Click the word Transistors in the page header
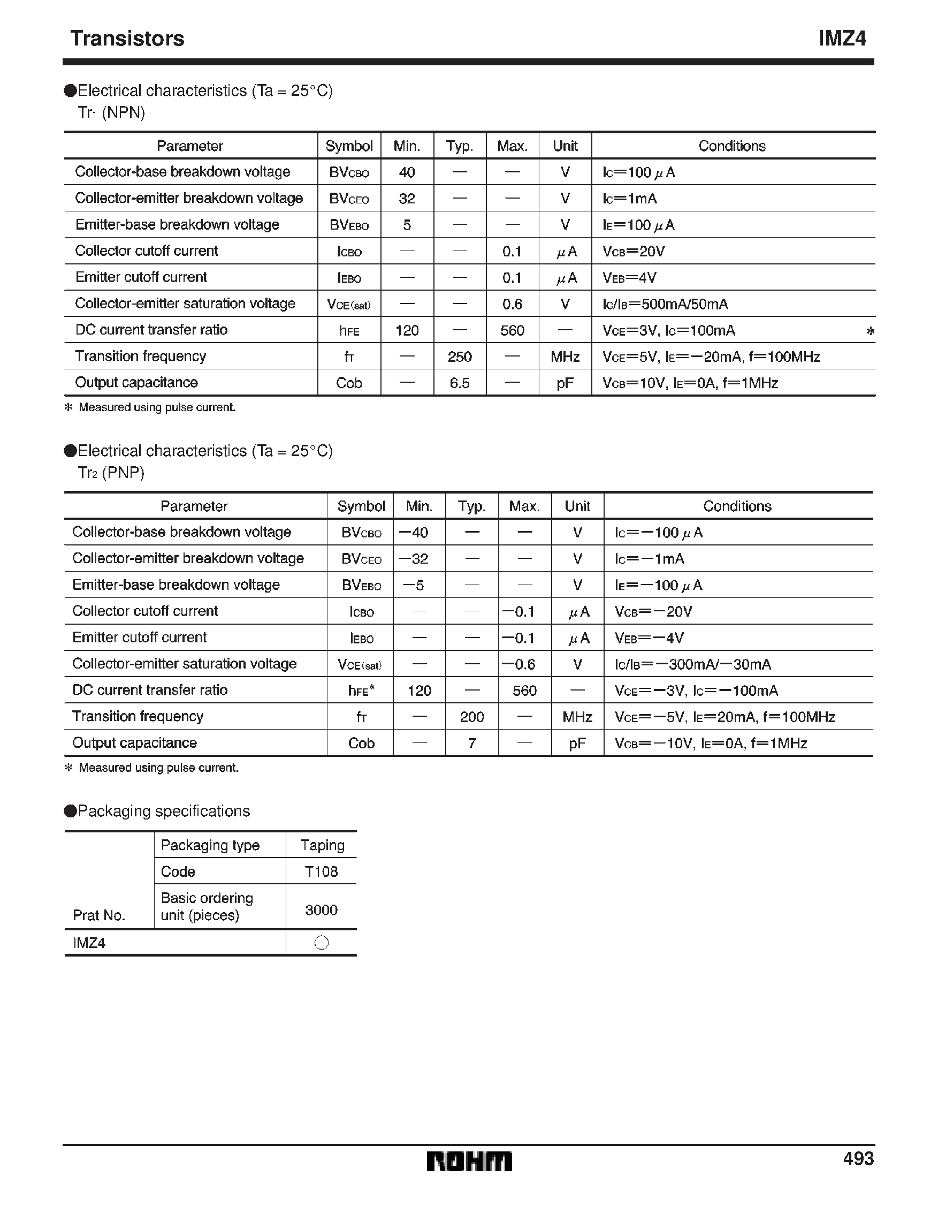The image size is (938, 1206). [x=127, y=39]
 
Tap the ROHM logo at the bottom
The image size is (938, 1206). [x=469, y=1162]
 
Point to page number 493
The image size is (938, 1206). [x=858, y=1158]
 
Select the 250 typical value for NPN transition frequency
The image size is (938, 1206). [x=459, y=357]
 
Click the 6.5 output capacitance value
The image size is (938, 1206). [x=459, y=383]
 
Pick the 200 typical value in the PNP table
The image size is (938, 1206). [x=471, y=717]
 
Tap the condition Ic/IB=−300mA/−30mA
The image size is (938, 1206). [x=692, y=664]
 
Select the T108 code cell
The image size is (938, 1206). [x=321, y=872]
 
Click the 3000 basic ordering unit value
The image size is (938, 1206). [x=321, y=910]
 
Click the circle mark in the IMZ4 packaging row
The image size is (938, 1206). [x=321, y=943]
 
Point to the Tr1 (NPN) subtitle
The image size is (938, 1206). [x=111, y=112]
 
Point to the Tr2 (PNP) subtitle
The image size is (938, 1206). [x=111, y=473]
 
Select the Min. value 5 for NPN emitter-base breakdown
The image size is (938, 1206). [x=407, y=225]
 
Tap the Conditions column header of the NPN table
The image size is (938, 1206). [x=732, y=146]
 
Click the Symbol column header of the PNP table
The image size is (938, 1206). [x=361, y=506]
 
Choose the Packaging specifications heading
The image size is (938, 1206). [x=163, y=811]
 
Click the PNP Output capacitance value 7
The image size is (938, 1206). [x=471, y=744]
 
